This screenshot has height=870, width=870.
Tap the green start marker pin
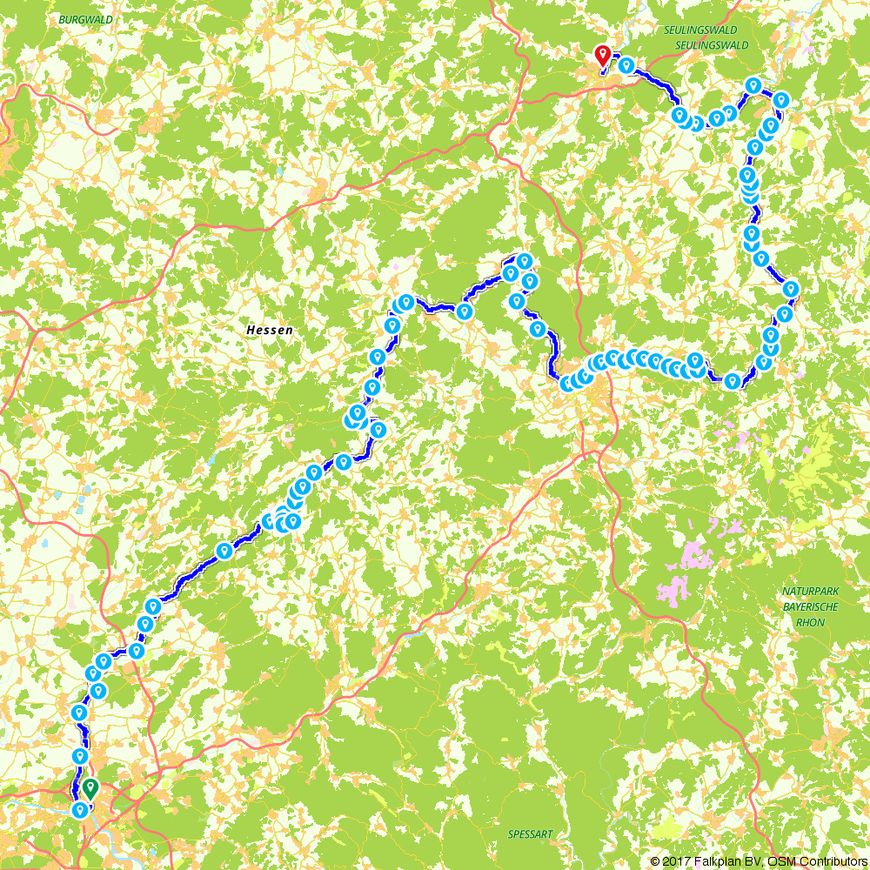(90, 789)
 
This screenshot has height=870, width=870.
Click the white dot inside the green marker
(90, 786)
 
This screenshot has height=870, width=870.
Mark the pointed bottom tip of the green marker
(90, 800)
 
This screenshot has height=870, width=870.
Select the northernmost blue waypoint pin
(625, 64)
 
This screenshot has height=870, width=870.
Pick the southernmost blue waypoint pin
(80, 810)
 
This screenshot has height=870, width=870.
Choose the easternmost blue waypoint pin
(790, 288)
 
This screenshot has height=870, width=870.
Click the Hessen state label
(270, 331)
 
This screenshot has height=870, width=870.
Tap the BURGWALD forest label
(81, 17)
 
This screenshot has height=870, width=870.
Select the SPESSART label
(530, 834)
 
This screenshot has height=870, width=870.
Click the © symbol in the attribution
(655, 861)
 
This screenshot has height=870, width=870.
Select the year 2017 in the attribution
(675, 861)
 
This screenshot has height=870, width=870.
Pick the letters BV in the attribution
(749, 861)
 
